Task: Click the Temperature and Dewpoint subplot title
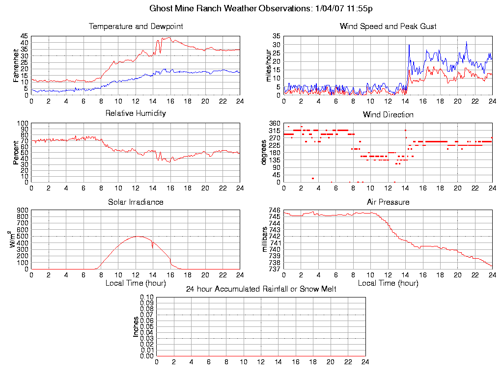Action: [136, 27]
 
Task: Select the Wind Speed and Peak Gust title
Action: [388, 27]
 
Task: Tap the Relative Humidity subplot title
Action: [136, 113]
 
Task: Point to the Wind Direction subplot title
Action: [388, 115]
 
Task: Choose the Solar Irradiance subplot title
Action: [136, 202]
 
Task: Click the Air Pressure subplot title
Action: [388, 202]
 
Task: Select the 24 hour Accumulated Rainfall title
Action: [261, 289]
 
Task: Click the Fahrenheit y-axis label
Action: [16, 65]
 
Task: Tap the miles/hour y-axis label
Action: [268, 65]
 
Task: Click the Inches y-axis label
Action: [136, 326]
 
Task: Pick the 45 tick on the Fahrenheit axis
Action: [24, 36]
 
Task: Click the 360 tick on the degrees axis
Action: [275, 124]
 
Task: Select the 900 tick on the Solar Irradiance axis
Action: [23, 211]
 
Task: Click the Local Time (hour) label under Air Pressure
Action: [388, 283]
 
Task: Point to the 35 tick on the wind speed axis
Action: [277, 36]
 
